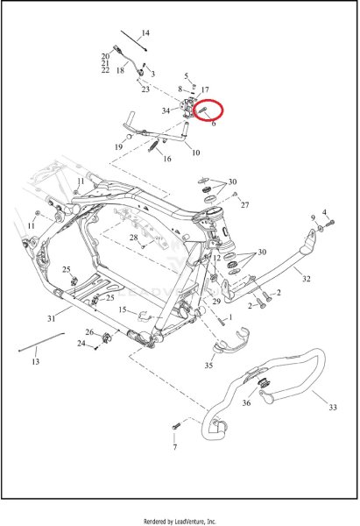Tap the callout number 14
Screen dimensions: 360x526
[x=145, y=33]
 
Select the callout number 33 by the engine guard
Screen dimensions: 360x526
[x=332, y=408]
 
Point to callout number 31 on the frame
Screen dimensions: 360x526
[x=51, y=318]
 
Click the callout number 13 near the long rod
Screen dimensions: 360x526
[x=36, y=361]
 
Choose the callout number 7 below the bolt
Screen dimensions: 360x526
[x=174, y=447]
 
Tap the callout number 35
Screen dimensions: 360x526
[x=208, y=365]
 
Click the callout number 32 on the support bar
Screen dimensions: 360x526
[x=307, y=279]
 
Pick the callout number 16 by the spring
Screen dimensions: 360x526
[x=167, y=159]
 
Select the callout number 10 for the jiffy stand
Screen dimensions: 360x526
[x=195, y=153]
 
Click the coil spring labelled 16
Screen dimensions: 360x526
[x=153, y=146]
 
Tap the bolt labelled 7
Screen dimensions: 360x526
[x=176, y=426]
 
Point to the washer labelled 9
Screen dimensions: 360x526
[x=320, y=229]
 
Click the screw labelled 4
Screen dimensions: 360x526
[x=330, y=222]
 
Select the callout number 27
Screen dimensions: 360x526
[x=245, y=204]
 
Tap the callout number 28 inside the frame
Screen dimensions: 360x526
[x=134, y=238]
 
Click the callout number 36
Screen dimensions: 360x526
[x=246, y=402]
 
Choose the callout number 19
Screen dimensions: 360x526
[x=118, y=147]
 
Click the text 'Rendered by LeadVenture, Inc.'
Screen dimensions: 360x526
[x=180, y=522]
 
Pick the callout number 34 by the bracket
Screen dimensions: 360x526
[x=166, y=110]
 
